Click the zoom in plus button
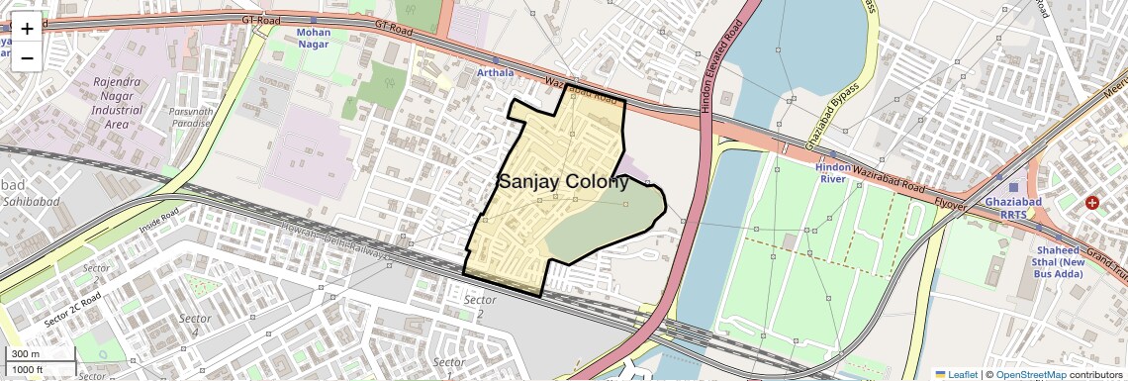point(27,29)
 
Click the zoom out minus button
point(27,58)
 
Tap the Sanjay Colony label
point(563,181)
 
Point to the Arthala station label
point(496,72)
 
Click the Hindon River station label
point(832,173)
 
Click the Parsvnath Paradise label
point(191,117)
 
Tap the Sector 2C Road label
point(73,309)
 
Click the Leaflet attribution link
point(956,374)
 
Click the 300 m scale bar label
point(26,354)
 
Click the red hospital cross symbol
point(1092,203)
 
